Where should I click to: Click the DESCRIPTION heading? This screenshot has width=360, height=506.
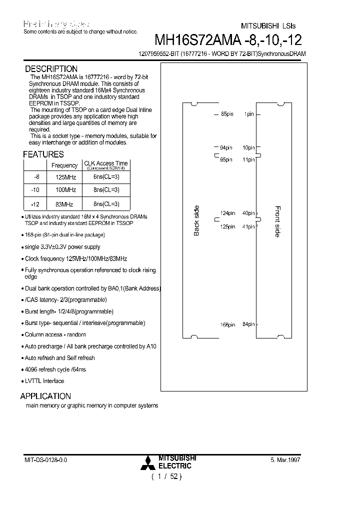coord(51,69)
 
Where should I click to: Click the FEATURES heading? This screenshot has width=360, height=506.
coord(43,154)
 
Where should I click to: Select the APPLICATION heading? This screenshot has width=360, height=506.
coord(45,396)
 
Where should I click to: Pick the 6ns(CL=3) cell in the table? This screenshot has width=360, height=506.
coord(105,177)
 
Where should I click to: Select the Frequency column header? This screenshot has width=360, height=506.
coord(64,165)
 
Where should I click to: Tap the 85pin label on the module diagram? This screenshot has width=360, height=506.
coord(227,114)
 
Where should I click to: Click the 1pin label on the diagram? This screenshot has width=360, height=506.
coord(249,114)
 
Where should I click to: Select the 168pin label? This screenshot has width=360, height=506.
coord(227,324)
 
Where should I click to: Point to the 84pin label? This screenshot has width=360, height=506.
coord(248,324)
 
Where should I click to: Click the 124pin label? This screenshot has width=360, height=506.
coord(227,213)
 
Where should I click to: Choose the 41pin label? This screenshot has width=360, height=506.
coord(248,226)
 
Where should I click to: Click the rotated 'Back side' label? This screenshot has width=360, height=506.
coord(196,220)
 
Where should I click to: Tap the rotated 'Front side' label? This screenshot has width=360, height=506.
coord(278,221)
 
